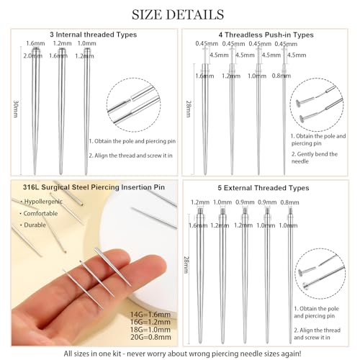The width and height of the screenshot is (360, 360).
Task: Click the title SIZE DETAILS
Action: pos(179,14)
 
